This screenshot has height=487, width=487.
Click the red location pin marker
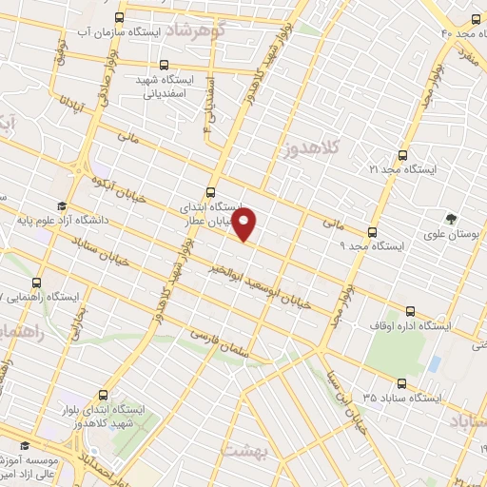click(x=245, y=224)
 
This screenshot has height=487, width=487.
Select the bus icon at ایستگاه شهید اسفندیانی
click(x=166, y=66)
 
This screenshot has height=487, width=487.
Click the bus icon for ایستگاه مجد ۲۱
click(x=402, y=154)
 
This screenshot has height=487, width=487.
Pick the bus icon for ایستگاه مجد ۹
click(x=372, y=231)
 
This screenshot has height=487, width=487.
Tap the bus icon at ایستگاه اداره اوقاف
click(x=411, y=311)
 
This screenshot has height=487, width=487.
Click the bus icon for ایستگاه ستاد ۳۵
click(x=400, y=384)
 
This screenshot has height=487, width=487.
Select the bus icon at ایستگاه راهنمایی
click(x=37, y=282)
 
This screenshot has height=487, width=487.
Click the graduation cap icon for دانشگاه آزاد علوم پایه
click(x=62, y=206)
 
